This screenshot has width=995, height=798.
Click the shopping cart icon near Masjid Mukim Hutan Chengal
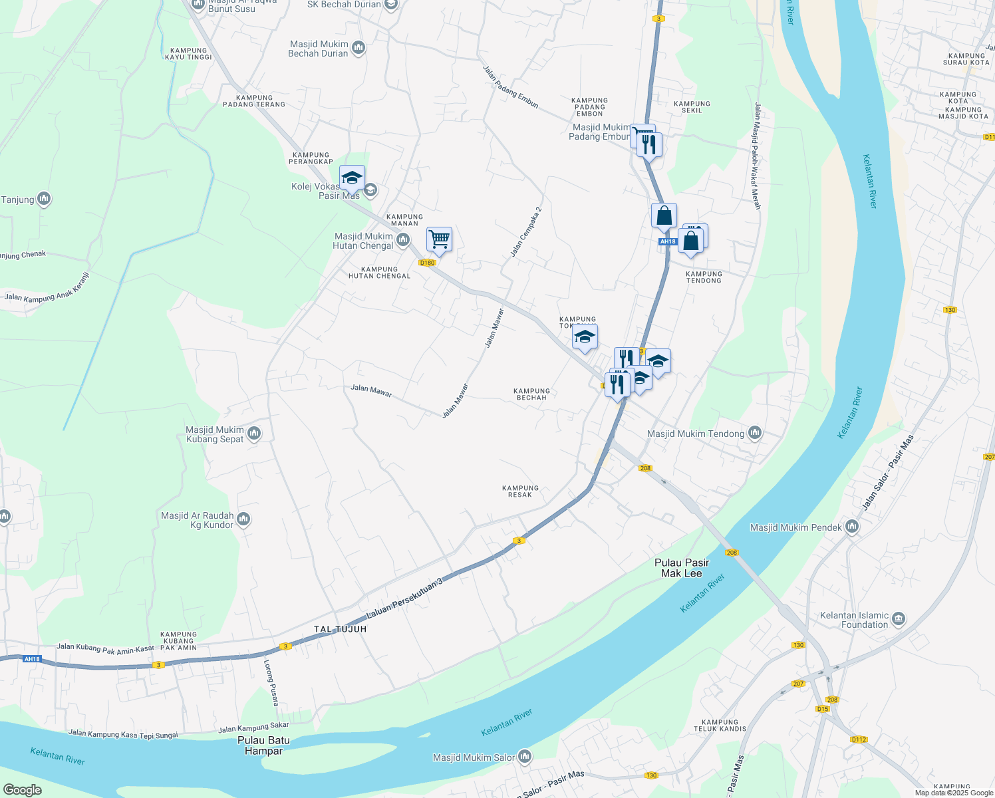(x=439, y=239)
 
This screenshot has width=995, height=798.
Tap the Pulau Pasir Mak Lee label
(x=682, y=568)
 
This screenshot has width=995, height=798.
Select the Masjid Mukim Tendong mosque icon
(x=754, y=434)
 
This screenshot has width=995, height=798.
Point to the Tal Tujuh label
(x=340, y=629)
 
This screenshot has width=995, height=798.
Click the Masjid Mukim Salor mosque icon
(x=525, y=757)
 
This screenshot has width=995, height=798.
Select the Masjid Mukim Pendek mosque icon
(x=852, y=527)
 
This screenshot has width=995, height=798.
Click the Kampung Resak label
(x=520, y=491)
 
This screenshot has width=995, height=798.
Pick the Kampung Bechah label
(x=531, y=394)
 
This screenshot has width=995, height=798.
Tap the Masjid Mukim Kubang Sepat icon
(x=253, y=434)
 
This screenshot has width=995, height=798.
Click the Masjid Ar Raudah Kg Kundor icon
(x=243, y=519)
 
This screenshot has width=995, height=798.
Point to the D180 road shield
(x=427, y=263)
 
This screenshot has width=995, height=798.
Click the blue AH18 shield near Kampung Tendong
(x=668, y=241)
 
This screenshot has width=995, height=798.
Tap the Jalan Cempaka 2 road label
(x=526, y=231)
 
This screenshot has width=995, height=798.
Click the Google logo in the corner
(x=22, y=790)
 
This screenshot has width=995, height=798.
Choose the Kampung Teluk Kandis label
(x=720, y=726)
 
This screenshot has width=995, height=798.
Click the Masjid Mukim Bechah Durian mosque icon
(x=358, y=48)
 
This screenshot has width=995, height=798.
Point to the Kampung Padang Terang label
(x=254, y=101)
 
